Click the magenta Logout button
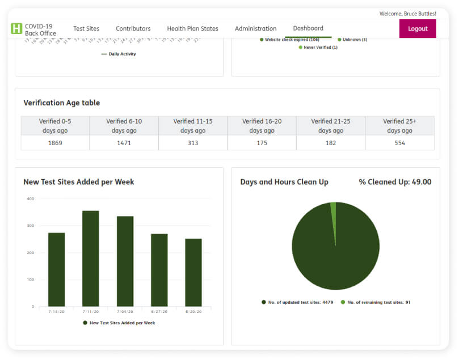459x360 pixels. [418, 29]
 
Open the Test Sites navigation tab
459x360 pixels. [86, 29]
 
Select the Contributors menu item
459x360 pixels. [133, 29]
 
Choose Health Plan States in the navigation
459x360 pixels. [192, 29]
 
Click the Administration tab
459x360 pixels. [255, 29]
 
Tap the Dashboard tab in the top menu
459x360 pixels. [308, 28]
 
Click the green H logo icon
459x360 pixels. [16, 29]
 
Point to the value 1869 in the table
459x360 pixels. [55, 143]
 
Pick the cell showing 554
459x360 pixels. [399, 143]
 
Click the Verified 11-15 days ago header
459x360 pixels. [193, 126]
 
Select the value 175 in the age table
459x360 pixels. [262, 143]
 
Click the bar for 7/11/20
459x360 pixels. [91, 259]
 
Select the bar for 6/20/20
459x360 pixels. [193, 272]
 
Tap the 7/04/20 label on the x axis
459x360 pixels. [125, 312]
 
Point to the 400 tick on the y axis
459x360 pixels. [30, 199]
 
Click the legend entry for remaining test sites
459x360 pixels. [376, 303]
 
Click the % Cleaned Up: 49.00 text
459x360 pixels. [395, 182]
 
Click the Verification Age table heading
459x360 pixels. [62, 103]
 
